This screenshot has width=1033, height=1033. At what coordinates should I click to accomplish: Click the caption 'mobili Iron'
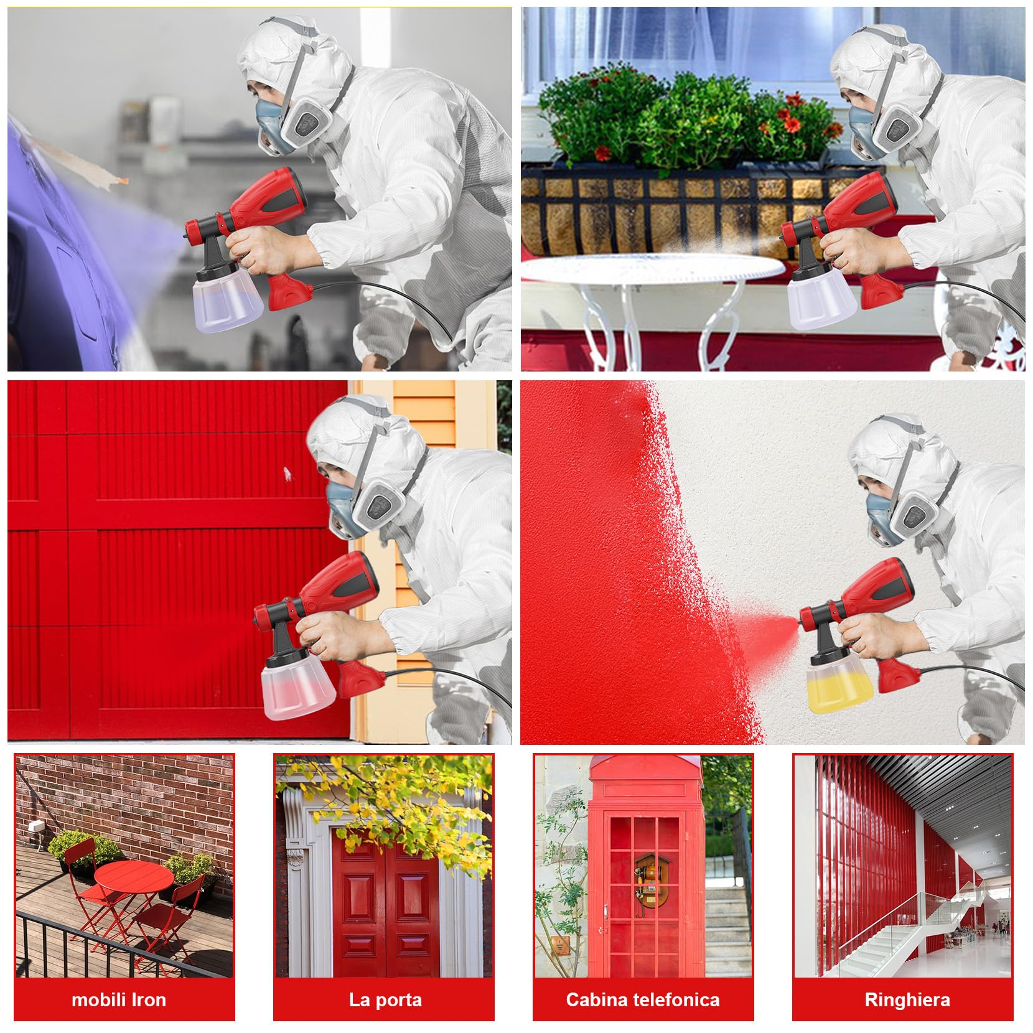(119, 1000)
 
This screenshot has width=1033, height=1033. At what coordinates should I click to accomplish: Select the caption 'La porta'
(385, 1000)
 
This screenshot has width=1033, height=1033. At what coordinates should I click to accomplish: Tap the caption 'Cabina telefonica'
(643, 1000)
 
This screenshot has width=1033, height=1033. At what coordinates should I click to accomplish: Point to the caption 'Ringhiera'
(907, 1000)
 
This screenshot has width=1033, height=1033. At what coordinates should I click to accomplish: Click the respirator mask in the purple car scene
(292, 124)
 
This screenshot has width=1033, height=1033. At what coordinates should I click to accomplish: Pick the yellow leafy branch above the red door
(404, 803)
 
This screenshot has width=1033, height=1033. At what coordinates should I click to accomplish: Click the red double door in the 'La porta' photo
(386, 909)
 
